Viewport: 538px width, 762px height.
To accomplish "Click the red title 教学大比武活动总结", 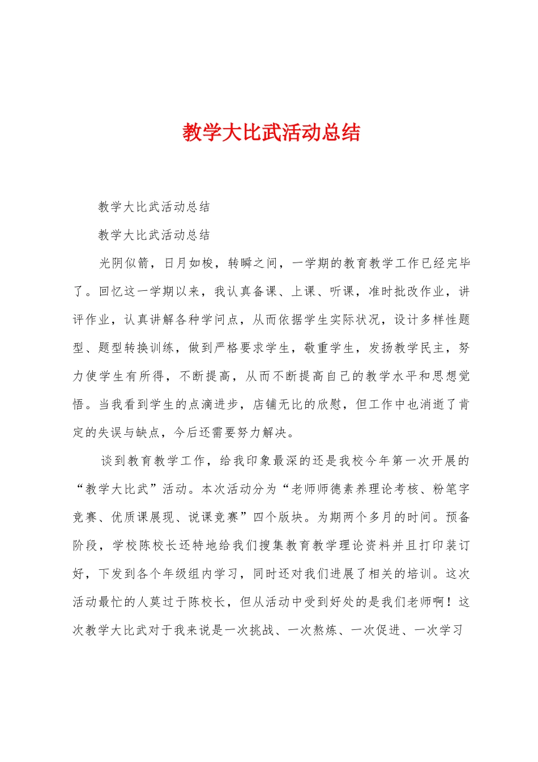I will point(271,133).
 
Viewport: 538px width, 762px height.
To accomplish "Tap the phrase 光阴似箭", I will point(124,263).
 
